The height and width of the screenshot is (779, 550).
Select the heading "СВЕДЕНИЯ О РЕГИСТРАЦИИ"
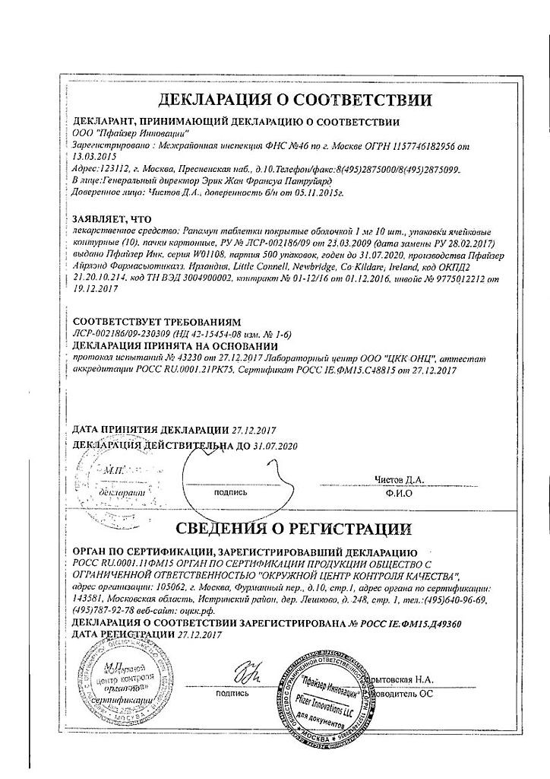click(294, 528)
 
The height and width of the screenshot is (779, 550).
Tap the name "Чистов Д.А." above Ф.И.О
click(400, 479)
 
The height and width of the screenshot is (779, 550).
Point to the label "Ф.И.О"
click(399, 492)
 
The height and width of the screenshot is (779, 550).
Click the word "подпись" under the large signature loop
click(231, 492)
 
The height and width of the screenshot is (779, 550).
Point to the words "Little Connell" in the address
click(298, 268)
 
